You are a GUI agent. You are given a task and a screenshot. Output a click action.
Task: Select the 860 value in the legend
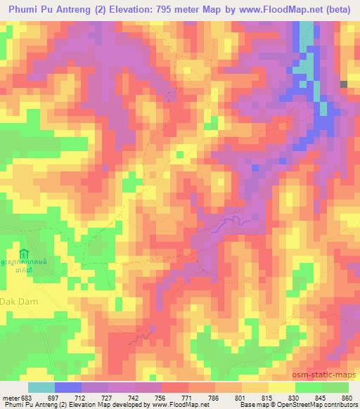point(347,398)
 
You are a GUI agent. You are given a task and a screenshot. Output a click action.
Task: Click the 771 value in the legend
point(186,398)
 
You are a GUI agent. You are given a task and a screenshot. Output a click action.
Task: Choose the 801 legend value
point(240,398)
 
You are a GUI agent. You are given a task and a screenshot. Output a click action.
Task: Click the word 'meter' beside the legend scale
point(10,398)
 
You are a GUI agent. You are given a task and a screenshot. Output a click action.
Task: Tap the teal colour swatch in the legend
point(41,388)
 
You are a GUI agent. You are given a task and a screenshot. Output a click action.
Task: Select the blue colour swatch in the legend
point(67,388)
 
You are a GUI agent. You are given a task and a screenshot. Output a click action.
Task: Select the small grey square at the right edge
point(344,84)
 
